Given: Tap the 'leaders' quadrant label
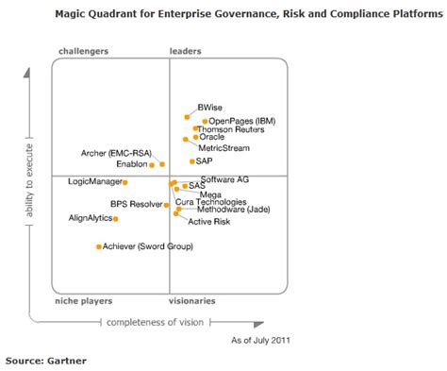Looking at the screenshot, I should point(186,50).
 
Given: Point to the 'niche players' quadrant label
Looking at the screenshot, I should point(84,300).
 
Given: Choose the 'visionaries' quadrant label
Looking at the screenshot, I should point(192,300).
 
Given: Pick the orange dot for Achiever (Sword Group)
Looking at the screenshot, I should point(98,247).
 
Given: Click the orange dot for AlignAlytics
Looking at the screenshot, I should point(115,219).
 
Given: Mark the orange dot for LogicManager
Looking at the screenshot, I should point(124,182).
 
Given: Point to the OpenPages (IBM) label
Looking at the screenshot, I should point(242,121).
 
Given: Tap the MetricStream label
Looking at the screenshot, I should point(223,147).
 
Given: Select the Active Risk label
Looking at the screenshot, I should point(207,222).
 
